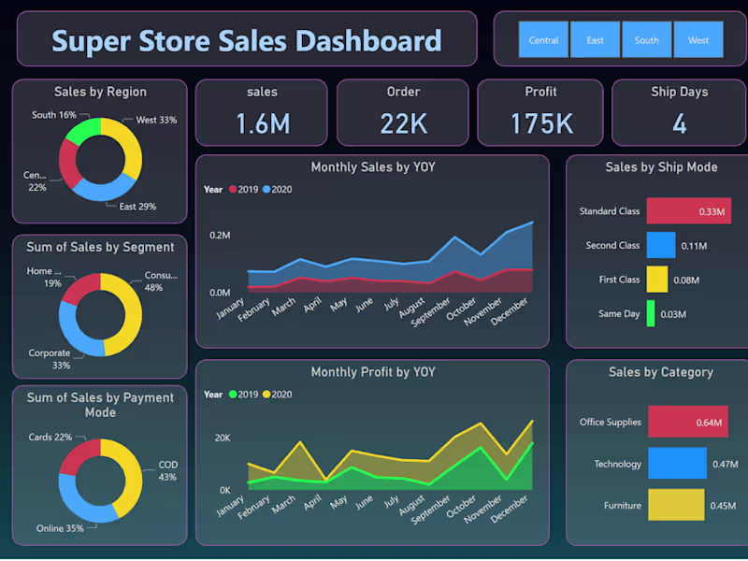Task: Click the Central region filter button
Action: point(543,40)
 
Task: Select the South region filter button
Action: point(646,40)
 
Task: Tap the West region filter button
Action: point(698,40)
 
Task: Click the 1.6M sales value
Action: point(262,123)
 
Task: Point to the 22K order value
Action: point(403,123)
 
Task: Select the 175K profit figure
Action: point(541,123)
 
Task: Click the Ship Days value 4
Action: point(680,123)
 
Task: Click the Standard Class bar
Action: point(687,211)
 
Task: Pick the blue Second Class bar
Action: point(660,245)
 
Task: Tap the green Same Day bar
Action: point(650,313)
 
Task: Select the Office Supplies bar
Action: point(687,422)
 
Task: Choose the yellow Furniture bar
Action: point(676,505)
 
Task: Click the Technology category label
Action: point(617,464)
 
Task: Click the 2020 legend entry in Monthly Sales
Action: point(279,190)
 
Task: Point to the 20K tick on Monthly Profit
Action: point(222,438)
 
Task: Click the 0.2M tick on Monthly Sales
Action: point(220,236)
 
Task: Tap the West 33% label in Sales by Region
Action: point(156,121)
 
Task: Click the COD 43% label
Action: point(167,470)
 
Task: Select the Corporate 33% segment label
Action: point(49,360)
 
